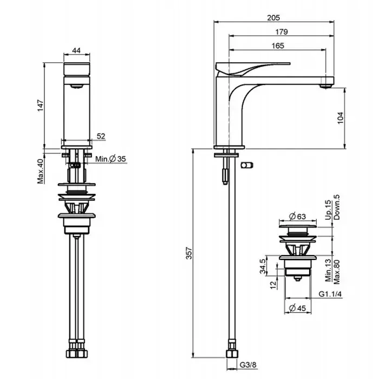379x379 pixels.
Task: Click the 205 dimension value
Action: [x=273, y=18]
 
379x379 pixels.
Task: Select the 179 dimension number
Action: [x=282, y=31]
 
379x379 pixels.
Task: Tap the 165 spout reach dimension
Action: [x=278, y=45]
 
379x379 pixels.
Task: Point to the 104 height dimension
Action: [x=340, y=118]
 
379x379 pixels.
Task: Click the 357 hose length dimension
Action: [x=189, y=253]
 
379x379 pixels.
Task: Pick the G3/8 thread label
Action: [x=248, y=364]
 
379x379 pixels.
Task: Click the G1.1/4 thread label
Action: [x=330, y=294]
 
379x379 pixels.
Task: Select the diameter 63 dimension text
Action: [x=298, y=217]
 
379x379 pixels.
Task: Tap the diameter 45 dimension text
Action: [x=298, y=308]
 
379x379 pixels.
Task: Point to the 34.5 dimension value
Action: [x=263, y=266]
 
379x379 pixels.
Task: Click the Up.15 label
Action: [x=328, y=210]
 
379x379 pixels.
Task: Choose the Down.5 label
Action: [x=336, y=207]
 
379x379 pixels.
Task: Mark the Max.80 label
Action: [x=336, y=272]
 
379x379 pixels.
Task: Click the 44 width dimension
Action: [x=76, y=50]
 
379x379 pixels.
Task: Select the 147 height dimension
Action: [x=41, y=106]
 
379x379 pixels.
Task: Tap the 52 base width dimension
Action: [x=101, y=136]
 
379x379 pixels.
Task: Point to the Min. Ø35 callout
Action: [x=110, y=159]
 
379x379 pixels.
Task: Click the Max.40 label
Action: [x=41, y=171]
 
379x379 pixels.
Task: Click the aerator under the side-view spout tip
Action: [x=326, y=86]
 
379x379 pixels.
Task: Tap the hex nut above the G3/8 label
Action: [x=232, y=354]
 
